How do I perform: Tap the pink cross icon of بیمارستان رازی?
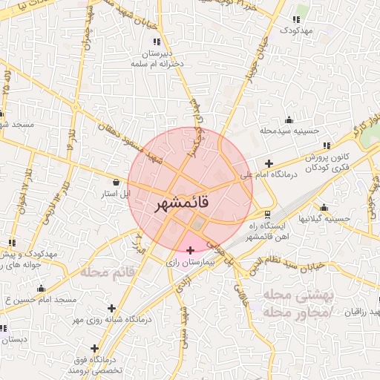click(x=191, y=250)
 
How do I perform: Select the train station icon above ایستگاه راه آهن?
click(x=268, y=214)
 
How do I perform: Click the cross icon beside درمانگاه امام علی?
click(x=269, y=163)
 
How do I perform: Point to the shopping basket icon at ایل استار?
click(x=116, y=182)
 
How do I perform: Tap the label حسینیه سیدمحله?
click(x=289, y=131)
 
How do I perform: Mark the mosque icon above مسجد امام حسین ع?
click(x=41, y=288)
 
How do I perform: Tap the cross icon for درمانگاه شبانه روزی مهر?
click(x=111, y=308)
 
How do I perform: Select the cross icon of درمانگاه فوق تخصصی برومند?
click(x=94, y=348)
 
